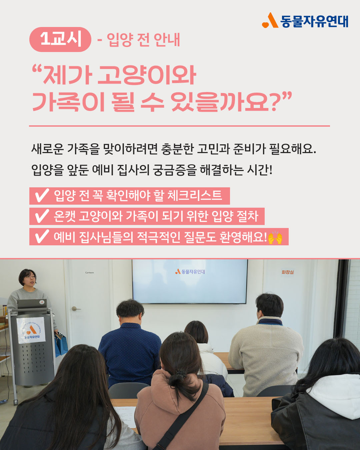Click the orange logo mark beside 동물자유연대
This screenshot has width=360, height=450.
tap(270, 20)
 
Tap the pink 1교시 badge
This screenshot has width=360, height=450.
tap(60, 39)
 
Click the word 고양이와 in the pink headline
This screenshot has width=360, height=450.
tap(147, 75)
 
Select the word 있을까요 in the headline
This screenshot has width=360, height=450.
tap(220, 102)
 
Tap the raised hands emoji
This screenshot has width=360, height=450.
tap(275, 238)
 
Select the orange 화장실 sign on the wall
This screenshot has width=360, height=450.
tap(287, 272)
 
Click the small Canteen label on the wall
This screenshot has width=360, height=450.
tap(90, 273)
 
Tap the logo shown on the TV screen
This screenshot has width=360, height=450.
tap(190, 272)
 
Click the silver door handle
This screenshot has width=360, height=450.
tap(76, 308)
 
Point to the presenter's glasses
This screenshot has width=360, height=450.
tap(30, 277)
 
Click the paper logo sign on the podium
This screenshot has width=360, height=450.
tap(31, 330)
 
